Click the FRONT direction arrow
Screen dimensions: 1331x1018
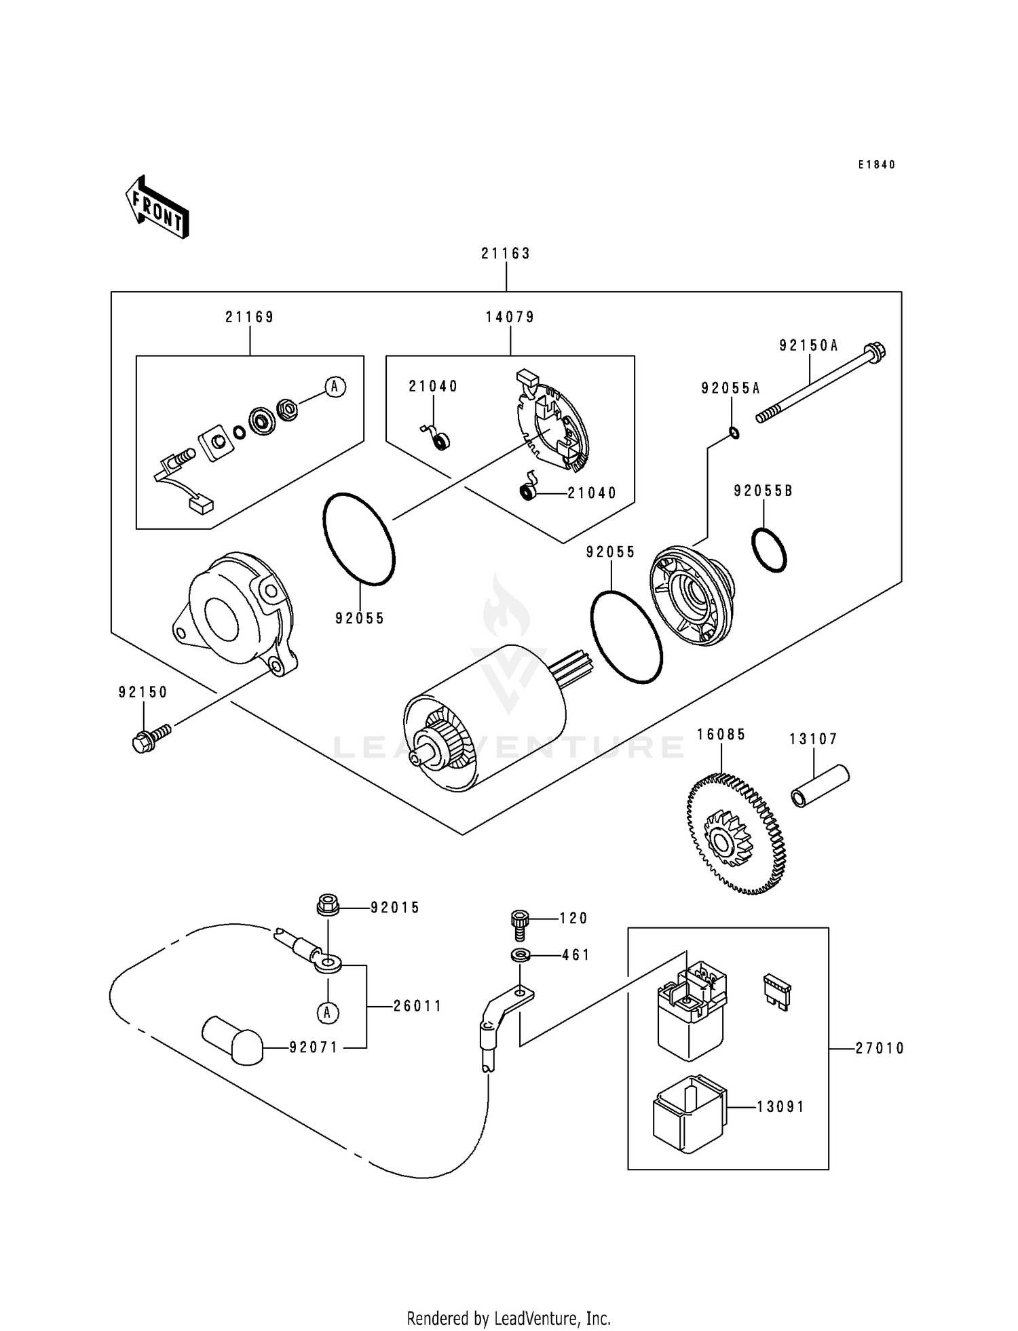157,207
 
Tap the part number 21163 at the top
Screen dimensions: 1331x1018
506,253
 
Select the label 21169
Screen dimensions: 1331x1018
250,317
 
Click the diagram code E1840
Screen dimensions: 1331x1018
876,165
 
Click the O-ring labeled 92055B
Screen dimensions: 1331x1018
769,549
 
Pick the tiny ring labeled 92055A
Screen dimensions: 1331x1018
734,432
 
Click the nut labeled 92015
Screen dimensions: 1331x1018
327,906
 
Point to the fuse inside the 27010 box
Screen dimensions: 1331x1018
777,992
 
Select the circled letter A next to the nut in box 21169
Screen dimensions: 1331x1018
334,387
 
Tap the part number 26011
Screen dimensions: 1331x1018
417,1006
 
